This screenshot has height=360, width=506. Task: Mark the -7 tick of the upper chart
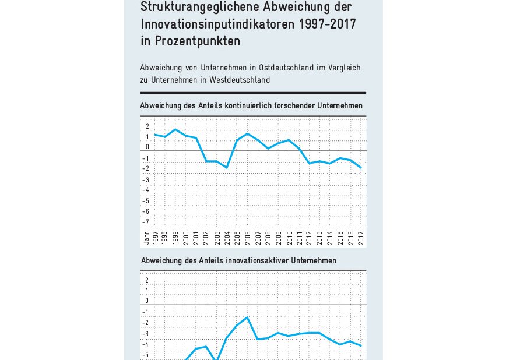coord(146,222)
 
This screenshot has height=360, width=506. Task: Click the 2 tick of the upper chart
coord(147,126)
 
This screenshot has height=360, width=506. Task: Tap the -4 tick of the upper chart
coord(146,190)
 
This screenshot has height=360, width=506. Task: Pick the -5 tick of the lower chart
coord(146,355)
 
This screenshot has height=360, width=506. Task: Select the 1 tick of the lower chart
coord(147,290)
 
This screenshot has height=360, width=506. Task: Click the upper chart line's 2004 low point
coord(227,168)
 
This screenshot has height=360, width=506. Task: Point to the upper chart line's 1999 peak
coord(175,129)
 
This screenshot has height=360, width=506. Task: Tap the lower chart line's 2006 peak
coord(247,317)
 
